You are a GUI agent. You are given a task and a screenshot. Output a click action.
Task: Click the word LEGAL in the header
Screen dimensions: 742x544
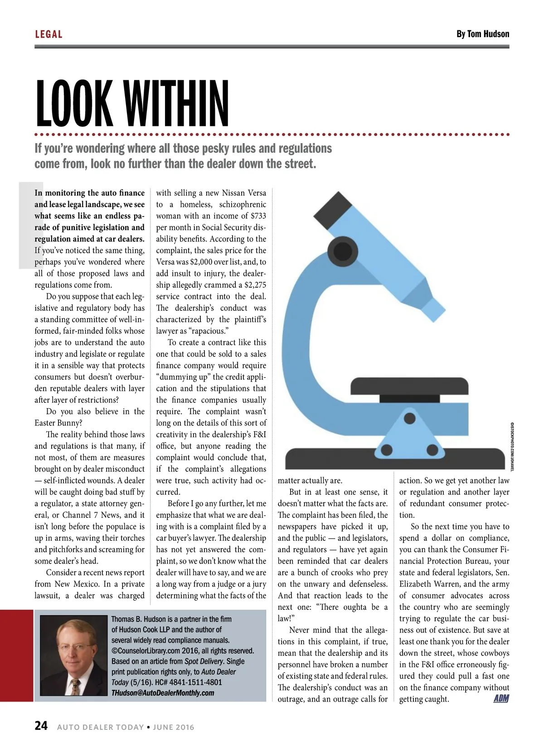click(x=49, y=34)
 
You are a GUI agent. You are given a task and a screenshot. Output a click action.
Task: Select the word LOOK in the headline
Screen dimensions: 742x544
click(x=73, y=104)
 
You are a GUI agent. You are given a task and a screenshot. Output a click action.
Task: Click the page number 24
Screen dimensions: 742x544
click(x=41, y=726)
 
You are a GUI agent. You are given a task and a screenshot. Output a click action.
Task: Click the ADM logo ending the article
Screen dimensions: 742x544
click(x=501, y=699)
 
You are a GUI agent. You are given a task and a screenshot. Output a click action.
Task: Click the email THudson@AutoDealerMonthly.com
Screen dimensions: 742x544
click(x=162, y=693)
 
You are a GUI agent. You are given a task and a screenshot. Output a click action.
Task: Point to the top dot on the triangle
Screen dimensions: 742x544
click(x=410, y=418)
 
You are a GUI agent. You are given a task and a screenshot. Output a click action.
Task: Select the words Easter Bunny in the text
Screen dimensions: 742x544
click(x=58, y=423)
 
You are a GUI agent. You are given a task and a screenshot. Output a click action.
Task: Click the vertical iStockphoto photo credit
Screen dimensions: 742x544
click(x=512, y=446)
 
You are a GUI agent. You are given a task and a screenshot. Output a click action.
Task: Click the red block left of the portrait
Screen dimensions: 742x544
click(x=17, y=655)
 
